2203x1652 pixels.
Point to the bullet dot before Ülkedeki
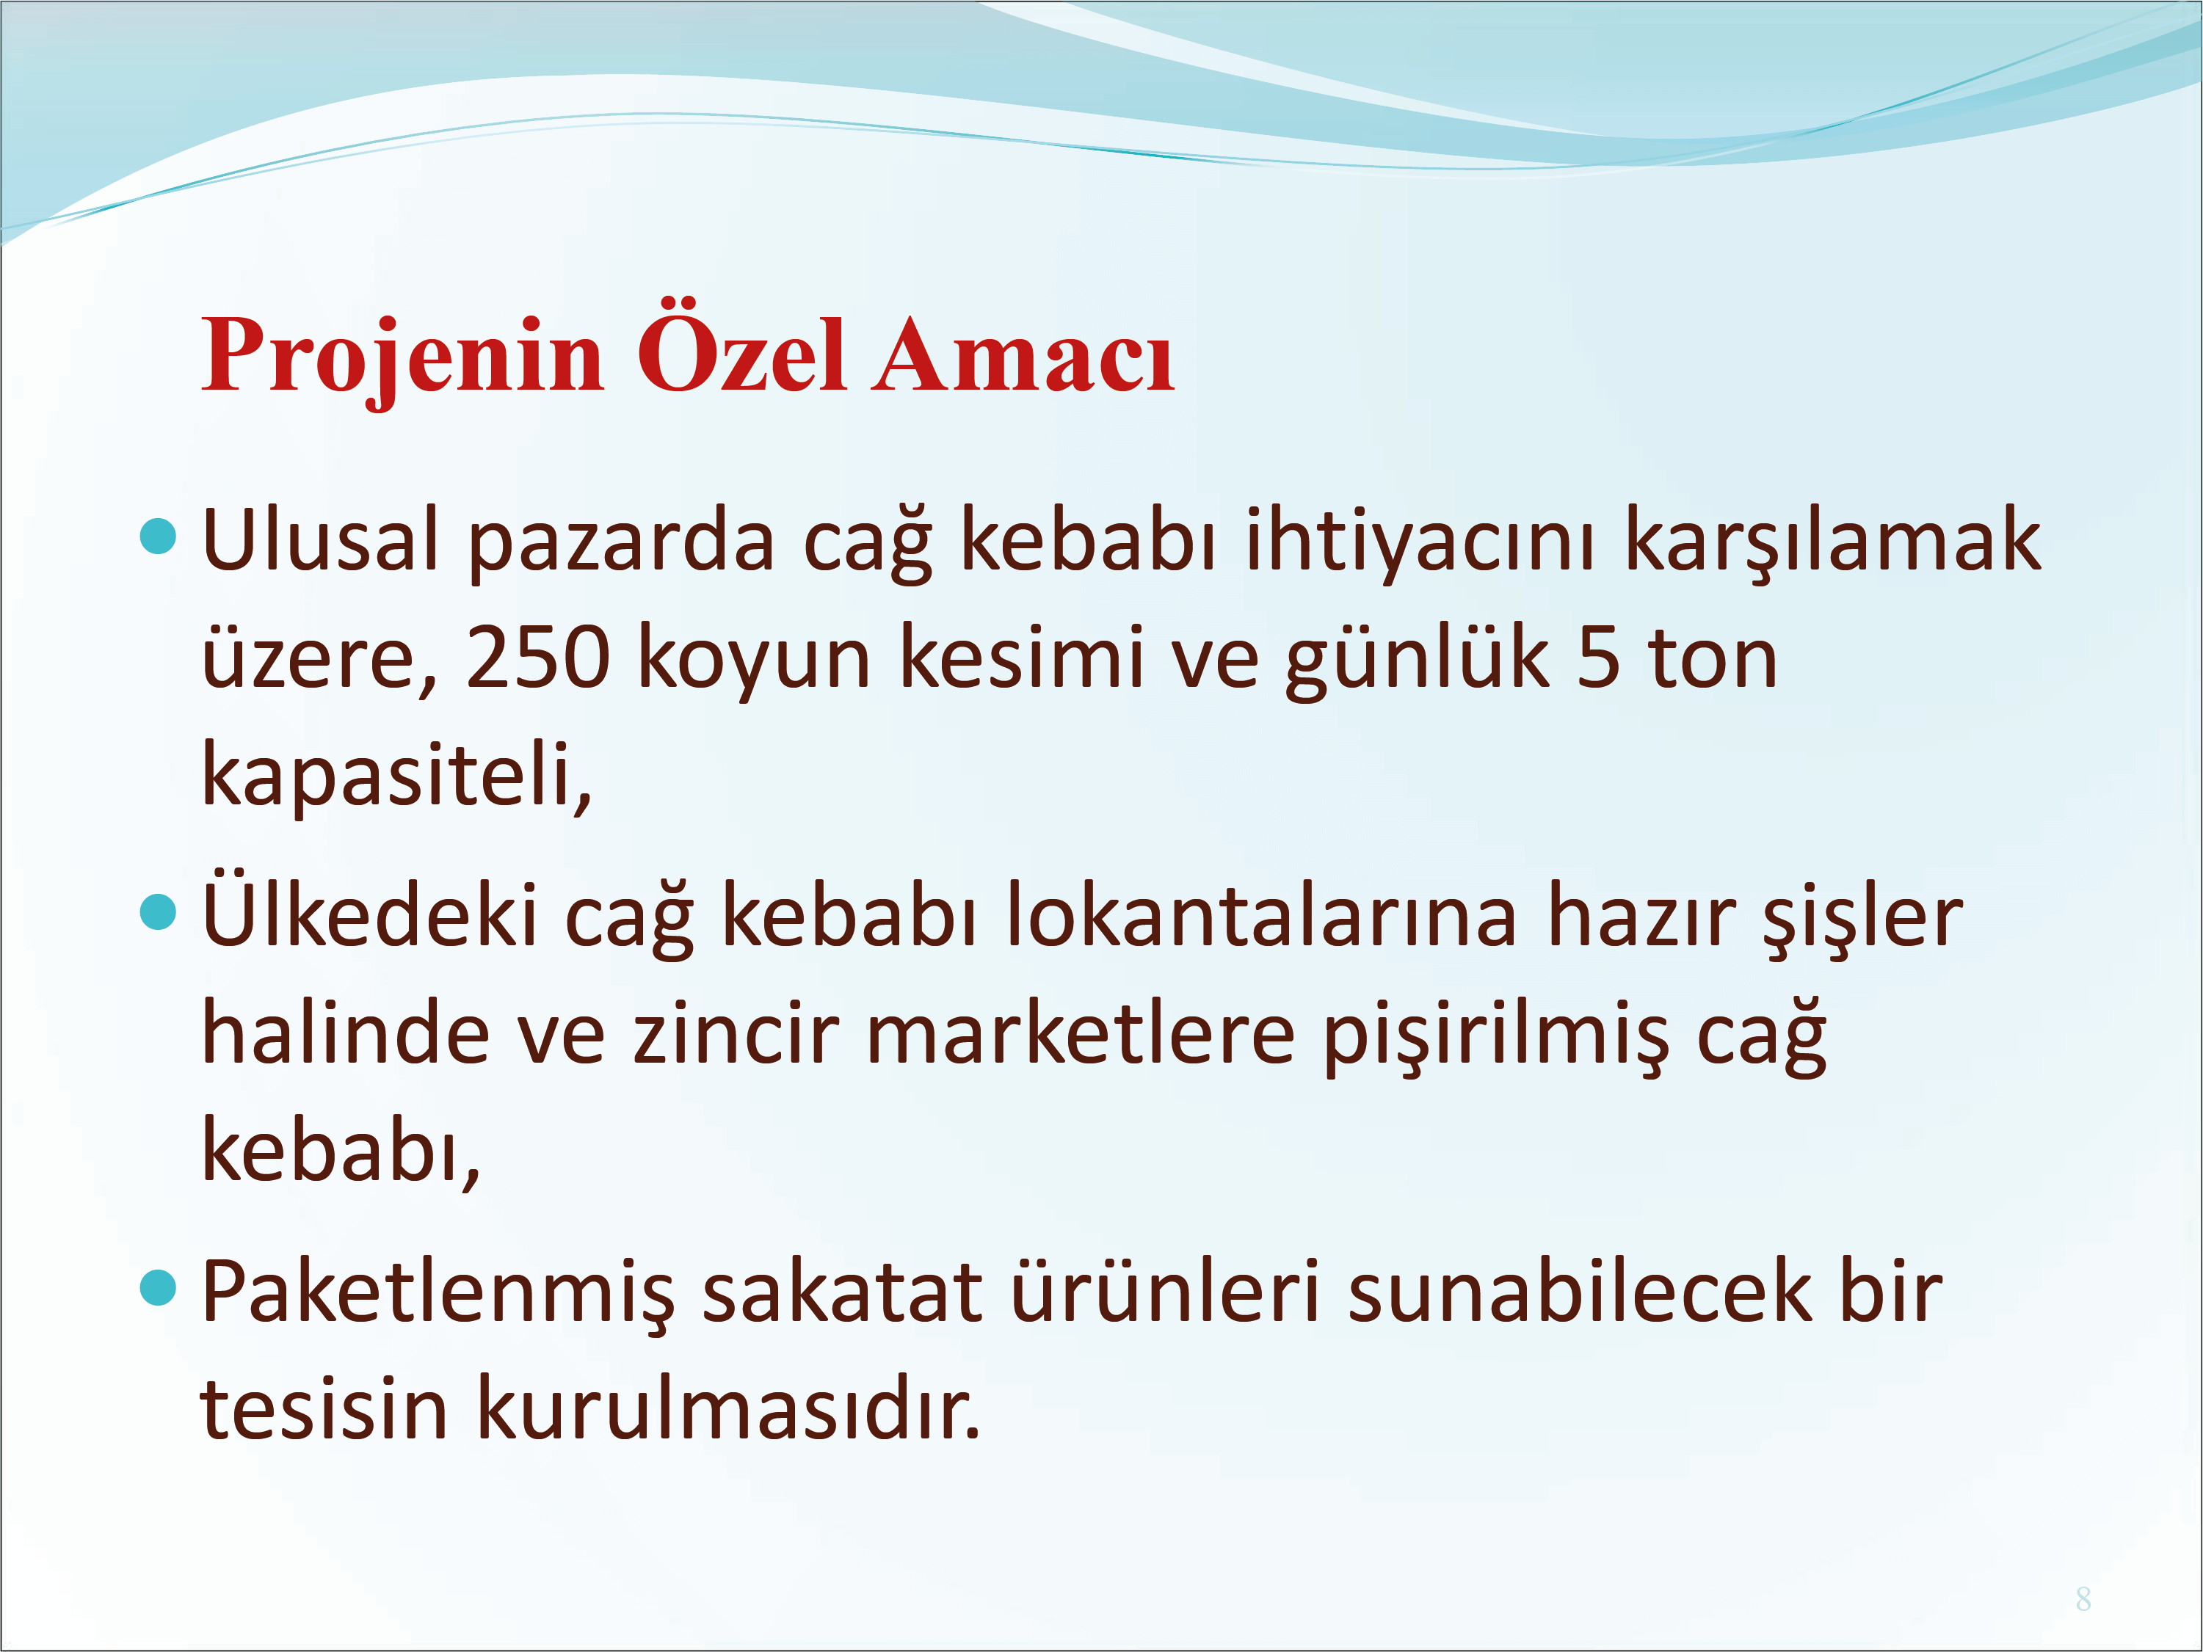(159, 911)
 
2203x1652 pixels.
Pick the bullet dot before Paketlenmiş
(159, 1287)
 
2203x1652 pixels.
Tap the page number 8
(2083, 1598)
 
